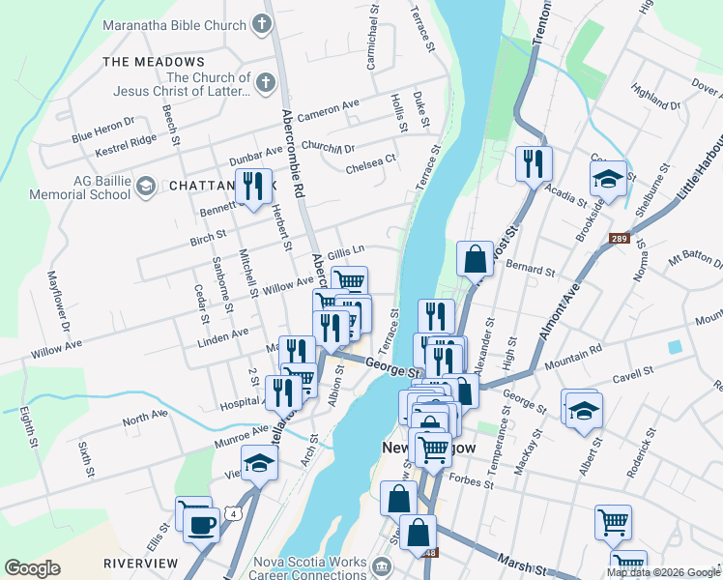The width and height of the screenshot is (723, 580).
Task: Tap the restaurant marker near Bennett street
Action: [253, 186]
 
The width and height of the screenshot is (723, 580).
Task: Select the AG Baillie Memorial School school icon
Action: [146, 185]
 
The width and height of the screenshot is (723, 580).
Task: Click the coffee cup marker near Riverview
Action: [201, 525]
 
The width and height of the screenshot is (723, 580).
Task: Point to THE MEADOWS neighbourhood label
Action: [154, 61]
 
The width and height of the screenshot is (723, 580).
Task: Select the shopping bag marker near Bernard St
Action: [475, 260]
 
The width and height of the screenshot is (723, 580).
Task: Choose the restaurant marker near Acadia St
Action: [533, 164]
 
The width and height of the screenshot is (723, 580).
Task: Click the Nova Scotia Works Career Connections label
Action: [309, 569]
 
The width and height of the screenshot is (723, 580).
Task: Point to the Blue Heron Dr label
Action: [102, 130]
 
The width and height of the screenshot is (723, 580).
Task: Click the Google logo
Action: [32, 568]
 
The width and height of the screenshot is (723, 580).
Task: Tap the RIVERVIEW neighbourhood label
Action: [140, 563]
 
